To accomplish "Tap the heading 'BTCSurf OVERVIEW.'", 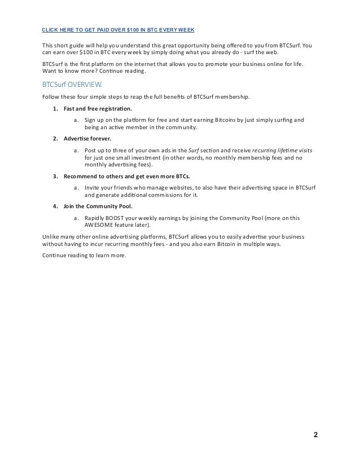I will coord(69,85).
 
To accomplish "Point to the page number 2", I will coord(315,435).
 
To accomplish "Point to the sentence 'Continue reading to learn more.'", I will coord(84,255).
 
